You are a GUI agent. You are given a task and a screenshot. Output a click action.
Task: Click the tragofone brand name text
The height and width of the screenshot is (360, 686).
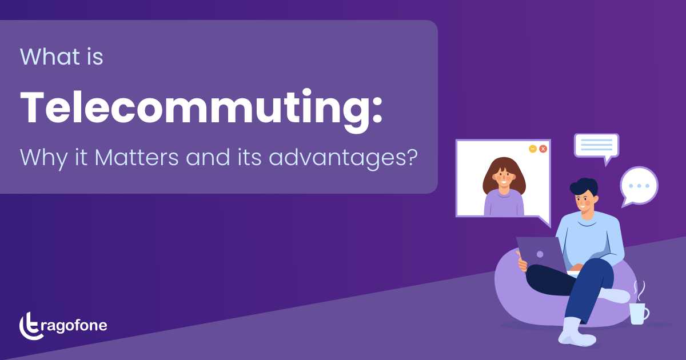tap(75, 326)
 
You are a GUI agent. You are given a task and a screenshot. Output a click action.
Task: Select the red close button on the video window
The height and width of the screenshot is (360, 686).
tap(543, 149)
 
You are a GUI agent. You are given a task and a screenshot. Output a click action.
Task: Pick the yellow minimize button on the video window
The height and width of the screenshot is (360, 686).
tap(533, 149)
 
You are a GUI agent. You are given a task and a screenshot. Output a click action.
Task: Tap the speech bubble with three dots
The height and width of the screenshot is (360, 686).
tap(639, 186)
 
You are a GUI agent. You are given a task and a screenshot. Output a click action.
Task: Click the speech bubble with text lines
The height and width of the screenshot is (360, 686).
tap(596, 146)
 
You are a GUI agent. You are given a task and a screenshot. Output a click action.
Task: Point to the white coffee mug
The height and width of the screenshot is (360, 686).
tap(638, 313)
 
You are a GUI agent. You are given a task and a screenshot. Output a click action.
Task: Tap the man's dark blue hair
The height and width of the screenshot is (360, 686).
tap(583, 187)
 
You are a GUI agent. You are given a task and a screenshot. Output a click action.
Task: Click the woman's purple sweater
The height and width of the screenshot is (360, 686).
tap(504, 203)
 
